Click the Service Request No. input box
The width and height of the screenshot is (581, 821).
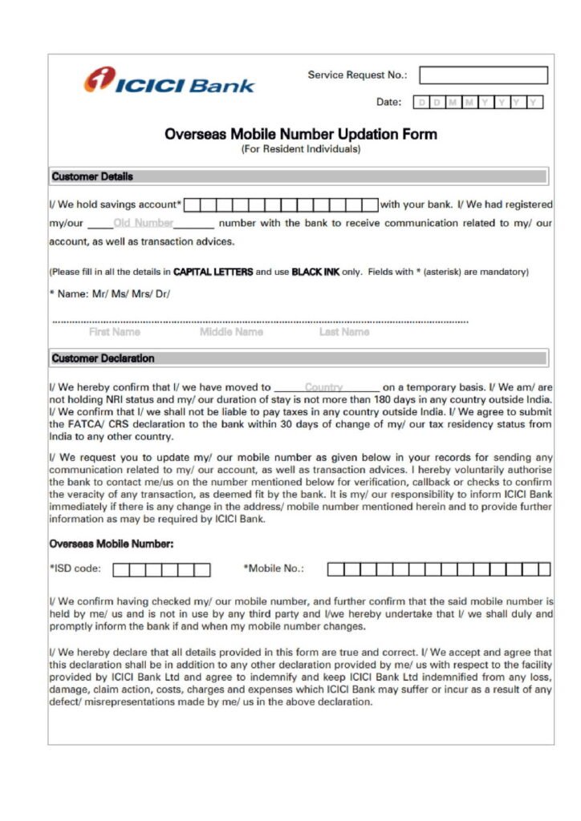pos(483,75)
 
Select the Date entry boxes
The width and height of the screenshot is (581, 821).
pos(478,103)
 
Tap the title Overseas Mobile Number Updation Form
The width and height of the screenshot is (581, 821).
pos(301,134)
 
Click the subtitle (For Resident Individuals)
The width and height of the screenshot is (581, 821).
pos(301,149)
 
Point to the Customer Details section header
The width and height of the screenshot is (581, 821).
pos(92,176)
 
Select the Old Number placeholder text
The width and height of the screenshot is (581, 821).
pos(144,223)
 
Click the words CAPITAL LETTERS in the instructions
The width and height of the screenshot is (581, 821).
pos(213,272)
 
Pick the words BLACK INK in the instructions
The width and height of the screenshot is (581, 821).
pos(315,272)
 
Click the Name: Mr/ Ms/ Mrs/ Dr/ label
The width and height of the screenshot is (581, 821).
pos(112,293)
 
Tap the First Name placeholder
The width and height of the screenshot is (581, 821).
pos(114,332)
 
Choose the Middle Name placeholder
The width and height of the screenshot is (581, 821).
pos(231,332)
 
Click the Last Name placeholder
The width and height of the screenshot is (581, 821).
pos(344,332)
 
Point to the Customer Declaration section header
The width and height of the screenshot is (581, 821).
pos(103,358)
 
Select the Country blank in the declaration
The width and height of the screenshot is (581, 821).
pos(324,387)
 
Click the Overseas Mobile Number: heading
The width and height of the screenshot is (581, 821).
pos(112,544)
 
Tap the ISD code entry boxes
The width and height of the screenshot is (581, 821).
pos(161,570)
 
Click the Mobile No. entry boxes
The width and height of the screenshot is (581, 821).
pos(438,569)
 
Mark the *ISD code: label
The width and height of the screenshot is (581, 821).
pos(75,569)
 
